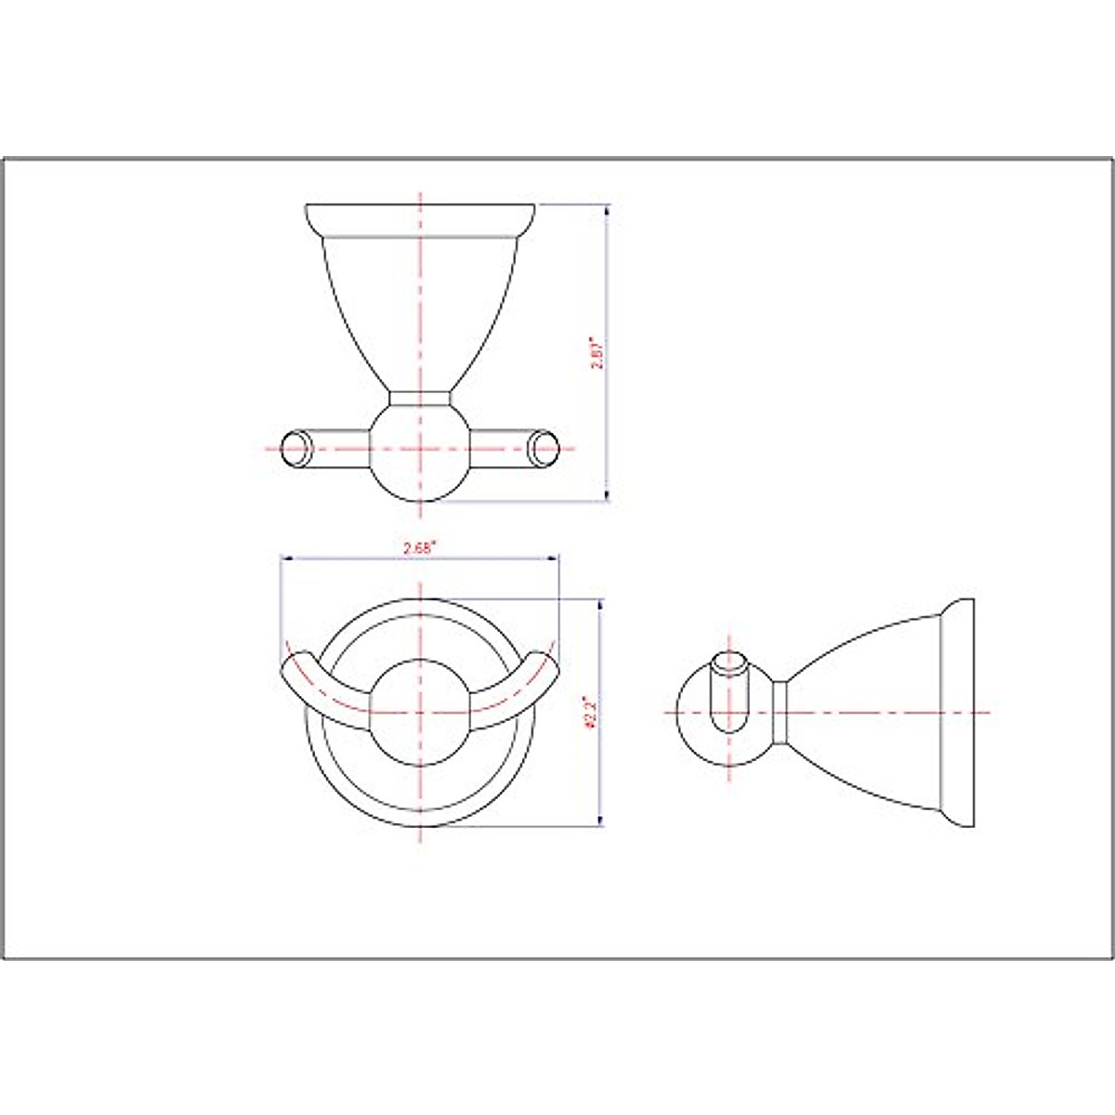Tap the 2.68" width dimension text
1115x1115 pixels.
420,548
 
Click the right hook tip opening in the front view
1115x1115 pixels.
544,448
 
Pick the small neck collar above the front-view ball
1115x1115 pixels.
421,399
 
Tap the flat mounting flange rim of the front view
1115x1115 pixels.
421,217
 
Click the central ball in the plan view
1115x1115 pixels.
421,713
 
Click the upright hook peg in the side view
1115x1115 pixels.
729,697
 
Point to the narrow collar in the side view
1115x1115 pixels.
781,713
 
